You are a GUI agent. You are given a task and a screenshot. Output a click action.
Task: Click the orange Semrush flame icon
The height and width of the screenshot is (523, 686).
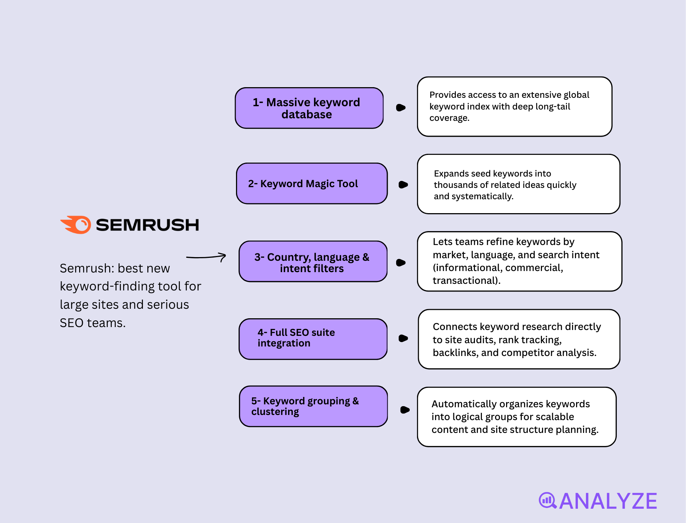coord(76,225)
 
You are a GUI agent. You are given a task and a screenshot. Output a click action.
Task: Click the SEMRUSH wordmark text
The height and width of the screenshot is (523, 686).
coord(147,225)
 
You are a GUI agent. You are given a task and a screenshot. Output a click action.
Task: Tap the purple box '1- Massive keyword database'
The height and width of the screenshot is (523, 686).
coord(309,108)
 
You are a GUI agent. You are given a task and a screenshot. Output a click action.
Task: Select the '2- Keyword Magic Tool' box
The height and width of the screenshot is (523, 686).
coord(311,183)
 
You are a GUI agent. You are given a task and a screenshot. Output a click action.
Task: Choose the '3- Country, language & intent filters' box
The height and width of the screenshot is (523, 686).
coord(313,261)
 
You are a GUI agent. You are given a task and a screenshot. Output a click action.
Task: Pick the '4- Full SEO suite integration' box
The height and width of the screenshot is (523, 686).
coord(313,339)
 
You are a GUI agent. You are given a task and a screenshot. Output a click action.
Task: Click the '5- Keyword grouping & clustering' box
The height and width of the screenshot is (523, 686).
coord(313,406)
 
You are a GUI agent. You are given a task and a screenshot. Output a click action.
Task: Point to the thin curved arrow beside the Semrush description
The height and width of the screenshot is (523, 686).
coord(206,257)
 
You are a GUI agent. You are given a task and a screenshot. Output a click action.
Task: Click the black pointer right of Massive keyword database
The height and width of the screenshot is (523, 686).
coord(401,108)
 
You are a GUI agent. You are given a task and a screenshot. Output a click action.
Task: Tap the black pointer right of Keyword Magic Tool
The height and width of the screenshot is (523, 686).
coord(403,185)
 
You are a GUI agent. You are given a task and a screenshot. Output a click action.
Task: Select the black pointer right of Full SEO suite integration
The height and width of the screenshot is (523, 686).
coord(403,338)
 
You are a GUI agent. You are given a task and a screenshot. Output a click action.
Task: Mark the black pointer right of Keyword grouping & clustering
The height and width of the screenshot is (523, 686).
coord(405,410)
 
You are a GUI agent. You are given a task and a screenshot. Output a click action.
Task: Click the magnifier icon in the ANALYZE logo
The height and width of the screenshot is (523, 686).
coord(547,500)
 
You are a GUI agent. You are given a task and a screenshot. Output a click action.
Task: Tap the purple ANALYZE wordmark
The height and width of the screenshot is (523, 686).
coord(608,501)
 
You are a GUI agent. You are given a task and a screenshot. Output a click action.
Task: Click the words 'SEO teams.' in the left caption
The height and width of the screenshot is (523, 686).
coord(93,323)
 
